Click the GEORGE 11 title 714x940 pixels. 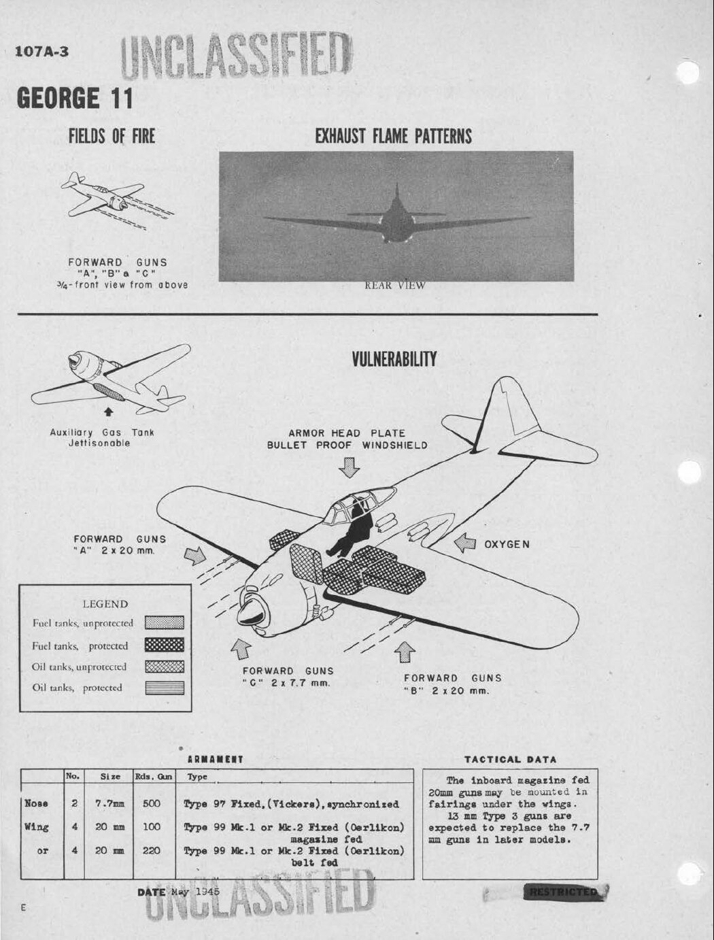click(75, 98)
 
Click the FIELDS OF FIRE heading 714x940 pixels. click(112, 136)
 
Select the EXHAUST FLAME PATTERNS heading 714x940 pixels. click(393, 136)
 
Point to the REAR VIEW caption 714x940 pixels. click(394, 286)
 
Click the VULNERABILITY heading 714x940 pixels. click(394, 359)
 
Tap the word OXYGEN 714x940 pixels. click(507, 544)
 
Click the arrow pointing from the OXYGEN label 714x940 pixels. click(465, 543)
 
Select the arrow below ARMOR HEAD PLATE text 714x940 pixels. click(350, 468)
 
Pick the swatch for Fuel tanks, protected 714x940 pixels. click(165, 645)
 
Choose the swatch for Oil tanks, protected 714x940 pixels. click(165, 688)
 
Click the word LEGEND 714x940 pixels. click(105, 604)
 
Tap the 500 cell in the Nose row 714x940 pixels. click(152, 803)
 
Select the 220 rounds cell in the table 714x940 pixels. click(152, 851)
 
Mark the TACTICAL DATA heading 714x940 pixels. click(510, 759)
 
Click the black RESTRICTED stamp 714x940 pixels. click(562, 892)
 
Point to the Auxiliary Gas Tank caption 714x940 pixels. click(102, 437)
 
